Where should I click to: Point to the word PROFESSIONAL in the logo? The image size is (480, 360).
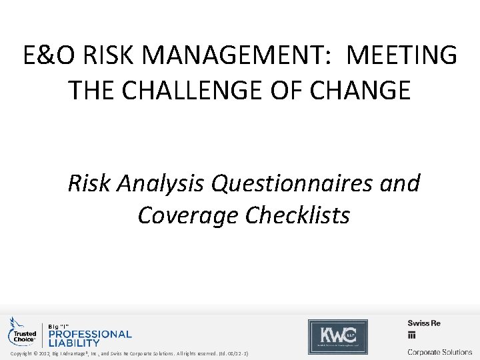89,334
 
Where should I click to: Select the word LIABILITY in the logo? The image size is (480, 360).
73,343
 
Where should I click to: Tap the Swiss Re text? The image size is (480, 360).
424,323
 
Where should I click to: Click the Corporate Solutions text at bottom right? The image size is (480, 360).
440,351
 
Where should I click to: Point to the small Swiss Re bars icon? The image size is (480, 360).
412,335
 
